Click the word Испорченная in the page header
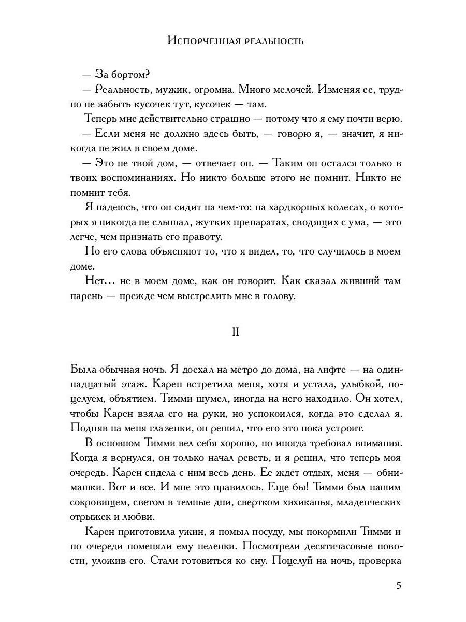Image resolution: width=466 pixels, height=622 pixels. (x=202, y=41)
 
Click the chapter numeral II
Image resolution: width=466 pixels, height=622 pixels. (x=235, y=332)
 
